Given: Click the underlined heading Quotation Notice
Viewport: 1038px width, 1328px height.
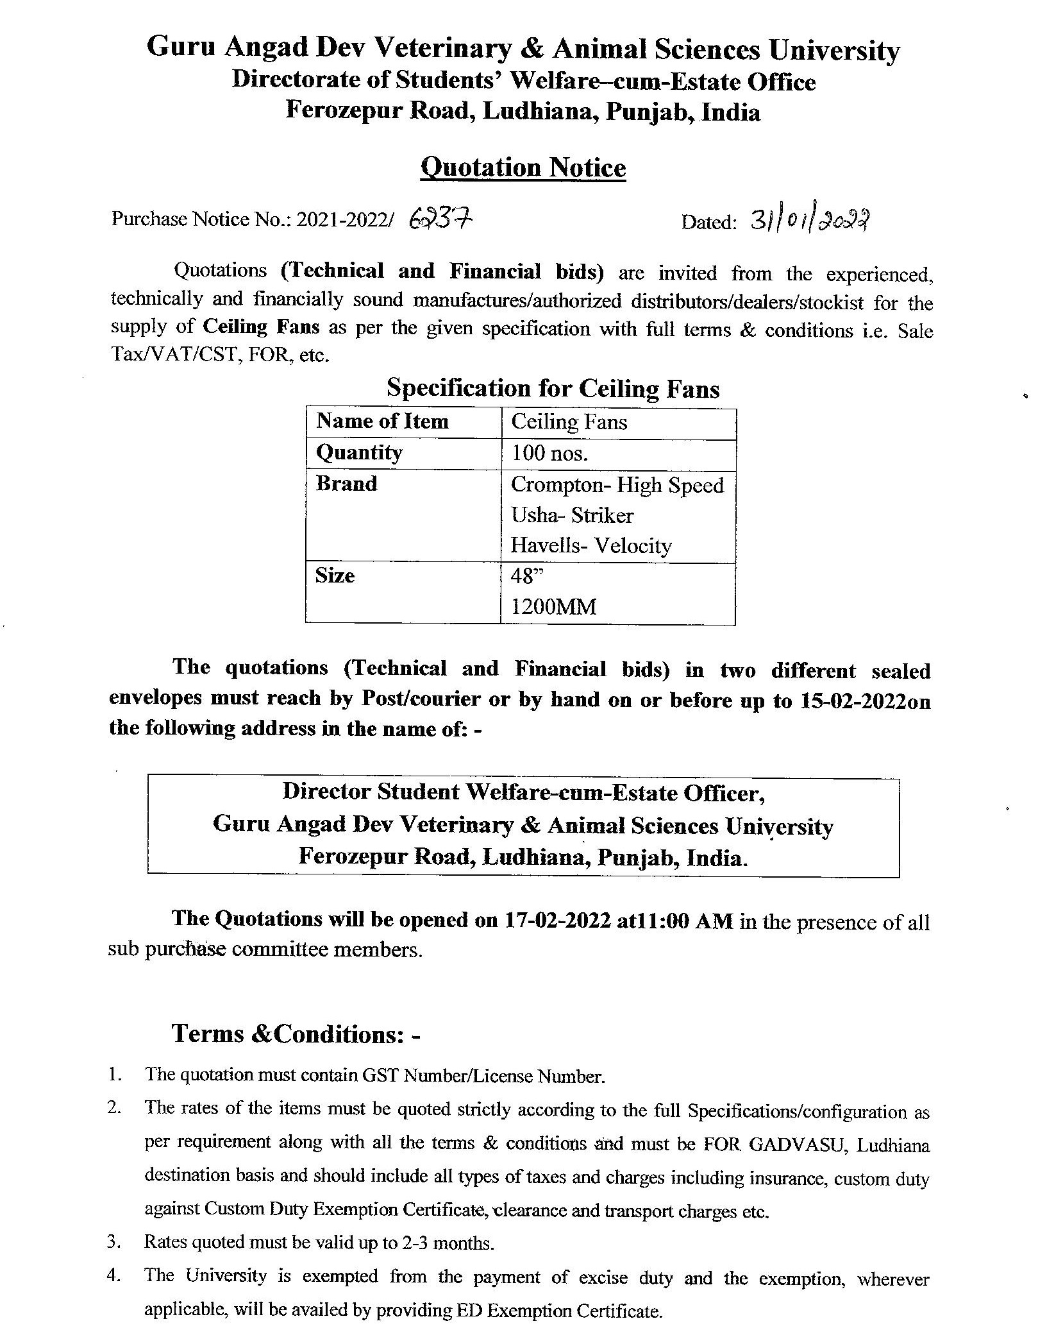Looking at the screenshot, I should point(523,168).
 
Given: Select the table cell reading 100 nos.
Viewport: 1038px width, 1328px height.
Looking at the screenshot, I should point(549,454).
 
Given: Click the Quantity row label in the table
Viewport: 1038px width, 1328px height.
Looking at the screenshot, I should point(359,453).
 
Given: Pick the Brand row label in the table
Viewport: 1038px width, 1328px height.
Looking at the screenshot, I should point(346,484).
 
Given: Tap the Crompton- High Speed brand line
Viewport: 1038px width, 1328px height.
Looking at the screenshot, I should point(617,485).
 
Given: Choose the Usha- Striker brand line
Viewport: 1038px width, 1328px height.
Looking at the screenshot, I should point(572,515).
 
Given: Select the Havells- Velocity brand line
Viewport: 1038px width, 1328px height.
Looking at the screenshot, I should point(590,546).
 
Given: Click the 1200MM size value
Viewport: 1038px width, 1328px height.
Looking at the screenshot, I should point(553,606).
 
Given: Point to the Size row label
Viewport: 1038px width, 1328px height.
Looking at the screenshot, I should point(335,575).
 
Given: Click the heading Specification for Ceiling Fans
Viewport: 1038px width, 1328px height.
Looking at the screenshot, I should point(553,389).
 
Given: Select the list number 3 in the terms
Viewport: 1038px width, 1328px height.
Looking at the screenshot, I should point(114,1242).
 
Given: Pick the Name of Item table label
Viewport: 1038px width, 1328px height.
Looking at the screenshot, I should point(382,421).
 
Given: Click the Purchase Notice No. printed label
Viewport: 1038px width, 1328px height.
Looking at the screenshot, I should point(202,219).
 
